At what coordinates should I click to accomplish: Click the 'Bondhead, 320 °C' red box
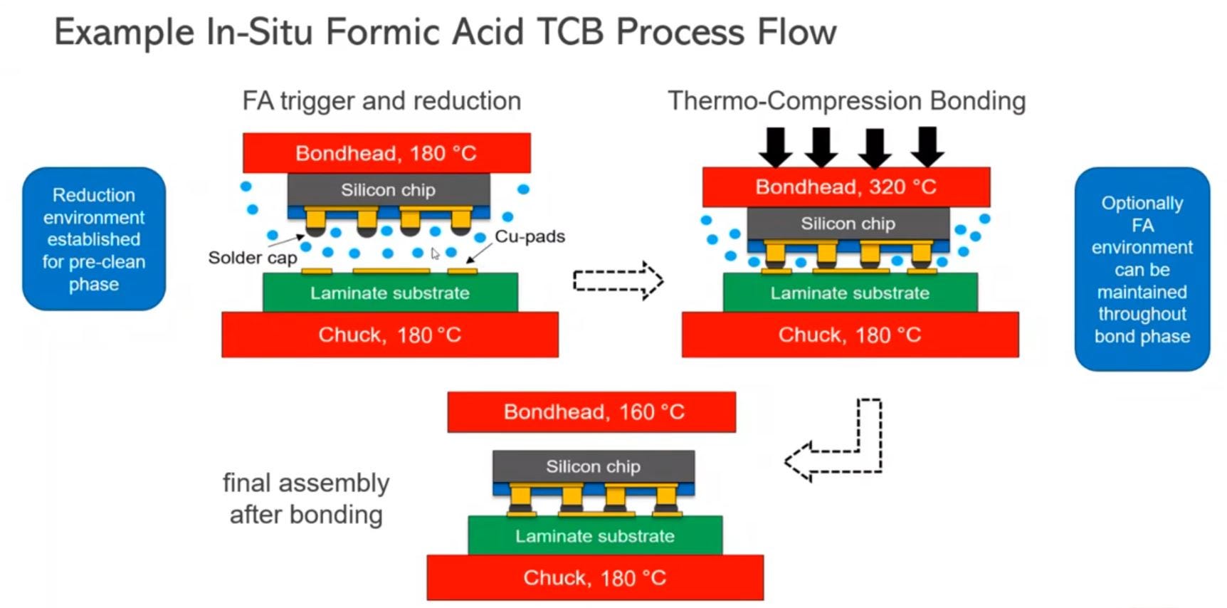pyautogui.click(x=846, y=187)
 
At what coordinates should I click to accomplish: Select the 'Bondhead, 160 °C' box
pyautogui.click(x=591, y=412)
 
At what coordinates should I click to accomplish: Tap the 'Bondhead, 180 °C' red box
pyautogui.click(x=386, y=153)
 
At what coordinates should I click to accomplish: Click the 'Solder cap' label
pyautogui.click(x=253, y=258)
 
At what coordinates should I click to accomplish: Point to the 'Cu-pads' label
pyautogui.click(x=530, y=236)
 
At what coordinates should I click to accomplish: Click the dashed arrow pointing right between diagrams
pyautogui.click(x=618, y=281)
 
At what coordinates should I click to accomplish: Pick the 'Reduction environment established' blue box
pyautogui.click(x=94, y=239)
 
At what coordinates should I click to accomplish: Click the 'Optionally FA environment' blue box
pyautogui.click(x=1142, y=269)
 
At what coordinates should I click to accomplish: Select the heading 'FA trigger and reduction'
pyautogui.click(x=381, y=101)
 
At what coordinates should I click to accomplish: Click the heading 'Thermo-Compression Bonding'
pyautogui.click(x=846, y=101)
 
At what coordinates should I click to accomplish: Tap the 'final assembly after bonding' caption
pyautogui.click(x=306, y=498)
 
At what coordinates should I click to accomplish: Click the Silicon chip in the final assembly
pyautogui.click(x=594, y=466)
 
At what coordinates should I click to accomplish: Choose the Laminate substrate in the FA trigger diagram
pyautogui.click(x=390, y=293)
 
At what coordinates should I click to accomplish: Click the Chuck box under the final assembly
pyautogui.click(x=595, y=577)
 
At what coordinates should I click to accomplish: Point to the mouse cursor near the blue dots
pyautogui.click(x=435, y=253)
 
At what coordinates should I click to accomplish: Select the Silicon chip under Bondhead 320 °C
pyautogui.click(x=848, y=224)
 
